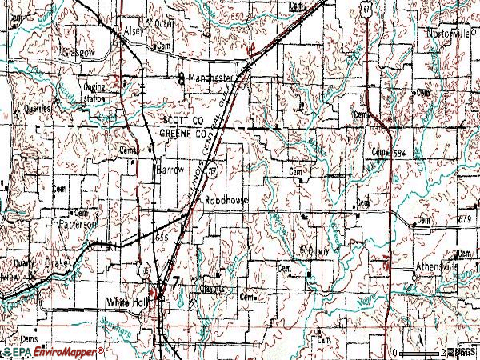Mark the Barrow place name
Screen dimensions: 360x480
(170, 171)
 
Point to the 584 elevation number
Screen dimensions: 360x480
(398, 152)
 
